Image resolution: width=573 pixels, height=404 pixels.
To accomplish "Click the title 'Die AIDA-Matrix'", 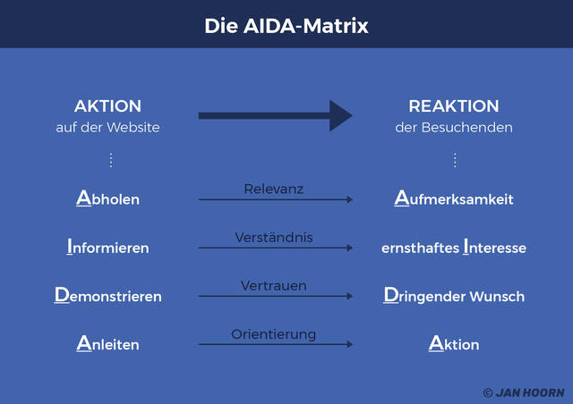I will pos(286,26).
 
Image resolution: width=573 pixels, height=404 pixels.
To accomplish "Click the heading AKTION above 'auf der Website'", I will pos(107,106).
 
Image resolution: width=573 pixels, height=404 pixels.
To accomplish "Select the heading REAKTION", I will pos(454,106).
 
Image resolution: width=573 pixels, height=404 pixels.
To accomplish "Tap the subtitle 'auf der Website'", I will pos(107,128).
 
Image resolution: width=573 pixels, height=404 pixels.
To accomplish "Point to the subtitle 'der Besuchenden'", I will pos(454,128).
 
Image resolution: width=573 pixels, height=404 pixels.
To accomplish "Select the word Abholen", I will pos(107,198).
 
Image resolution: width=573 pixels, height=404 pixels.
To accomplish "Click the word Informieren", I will pos(107,247).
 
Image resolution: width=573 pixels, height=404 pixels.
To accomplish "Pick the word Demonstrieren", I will pos(107,295).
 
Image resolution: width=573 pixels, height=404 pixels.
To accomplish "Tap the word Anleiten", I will pos(107,343).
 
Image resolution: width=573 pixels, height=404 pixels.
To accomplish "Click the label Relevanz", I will pos(274,189).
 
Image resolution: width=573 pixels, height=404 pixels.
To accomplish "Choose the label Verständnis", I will pos(274,238).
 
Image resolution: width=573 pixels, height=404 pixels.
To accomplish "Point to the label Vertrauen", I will pos(274,286).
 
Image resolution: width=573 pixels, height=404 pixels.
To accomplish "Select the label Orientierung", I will pos(274,334).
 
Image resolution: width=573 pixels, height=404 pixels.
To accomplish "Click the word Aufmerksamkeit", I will pos(454,198).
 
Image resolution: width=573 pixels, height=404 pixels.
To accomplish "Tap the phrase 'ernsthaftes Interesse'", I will pos(454,247).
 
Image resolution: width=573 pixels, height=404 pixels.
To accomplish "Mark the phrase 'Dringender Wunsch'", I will pos(454,295).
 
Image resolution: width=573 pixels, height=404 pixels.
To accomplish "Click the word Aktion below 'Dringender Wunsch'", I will pos(454,343).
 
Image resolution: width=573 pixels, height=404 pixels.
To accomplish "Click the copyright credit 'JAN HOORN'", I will pos(524,392).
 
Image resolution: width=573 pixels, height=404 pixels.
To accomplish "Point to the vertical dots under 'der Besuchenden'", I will pos(454,160).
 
